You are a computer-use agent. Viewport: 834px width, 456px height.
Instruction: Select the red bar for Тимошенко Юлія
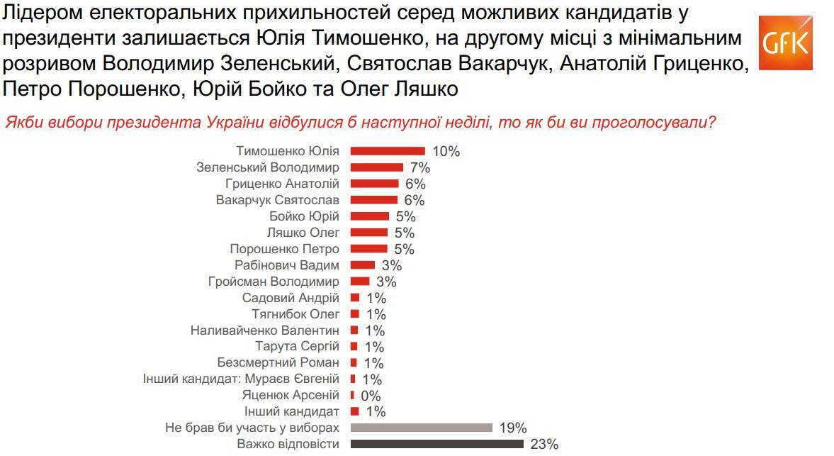tap(388, 151)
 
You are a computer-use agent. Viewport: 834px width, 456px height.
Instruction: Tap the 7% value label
tap(419, 168)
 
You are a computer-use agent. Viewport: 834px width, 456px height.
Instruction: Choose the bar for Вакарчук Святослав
tap(374, 200)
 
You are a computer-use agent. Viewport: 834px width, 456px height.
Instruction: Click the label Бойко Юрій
tap(304, 216)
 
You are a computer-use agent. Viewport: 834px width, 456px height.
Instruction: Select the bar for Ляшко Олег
tap(369, 233)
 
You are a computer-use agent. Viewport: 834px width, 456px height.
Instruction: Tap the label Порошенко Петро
tap(284, 249)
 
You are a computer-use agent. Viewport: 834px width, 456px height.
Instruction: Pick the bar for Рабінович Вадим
tap(363, 265)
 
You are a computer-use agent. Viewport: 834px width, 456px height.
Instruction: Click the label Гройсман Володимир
tap(274, 282)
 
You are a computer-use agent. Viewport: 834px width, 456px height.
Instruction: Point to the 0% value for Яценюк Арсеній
tap(371, 396)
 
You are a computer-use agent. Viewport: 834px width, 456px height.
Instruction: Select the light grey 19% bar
tap(421, 428)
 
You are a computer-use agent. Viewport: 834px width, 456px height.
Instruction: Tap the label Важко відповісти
tap(288, 445)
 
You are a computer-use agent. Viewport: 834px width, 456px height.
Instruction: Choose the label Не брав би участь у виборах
tap(252, 428)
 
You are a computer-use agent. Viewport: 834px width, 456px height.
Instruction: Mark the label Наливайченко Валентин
tap(264, 330)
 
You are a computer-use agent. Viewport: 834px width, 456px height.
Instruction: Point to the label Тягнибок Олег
tap(295, 314)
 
